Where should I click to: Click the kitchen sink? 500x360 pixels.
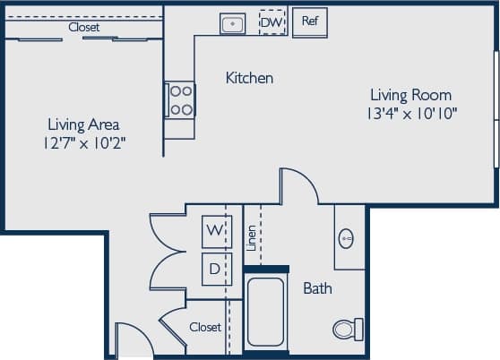click(x=233, y=22)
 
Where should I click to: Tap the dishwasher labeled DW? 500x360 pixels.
click(x=272, y=21)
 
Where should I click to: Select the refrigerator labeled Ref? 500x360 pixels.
click(x=310, y=21)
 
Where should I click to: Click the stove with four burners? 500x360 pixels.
click(x=180, y=99)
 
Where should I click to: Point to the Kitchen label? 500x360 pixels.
click(x=248, y=78)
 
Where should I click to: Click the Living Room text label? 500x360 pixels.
click(x=410, y=94)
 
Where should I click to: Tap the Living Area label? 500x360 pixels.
click(x=83, y=124)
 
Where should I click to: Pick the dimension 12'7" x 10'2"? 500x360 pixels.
click(x=83, y=143)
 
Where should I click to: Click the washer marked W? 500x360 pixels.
click(x=215, y=230)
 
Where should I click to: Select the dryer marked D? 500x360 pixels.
click(x=215, y=268)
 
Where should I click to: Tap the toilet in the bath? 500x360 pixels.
click(x=347, y=329)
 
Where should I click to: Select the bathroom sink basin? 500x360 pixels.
click(x=347, y=239)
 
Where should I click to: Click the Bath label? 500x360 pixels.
click(x=317, y=288)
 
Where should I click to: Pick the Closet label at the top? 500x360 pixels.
click(x=84, y=28)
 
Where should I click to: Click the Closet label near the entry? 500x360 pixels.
click(x=205, y=327)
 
